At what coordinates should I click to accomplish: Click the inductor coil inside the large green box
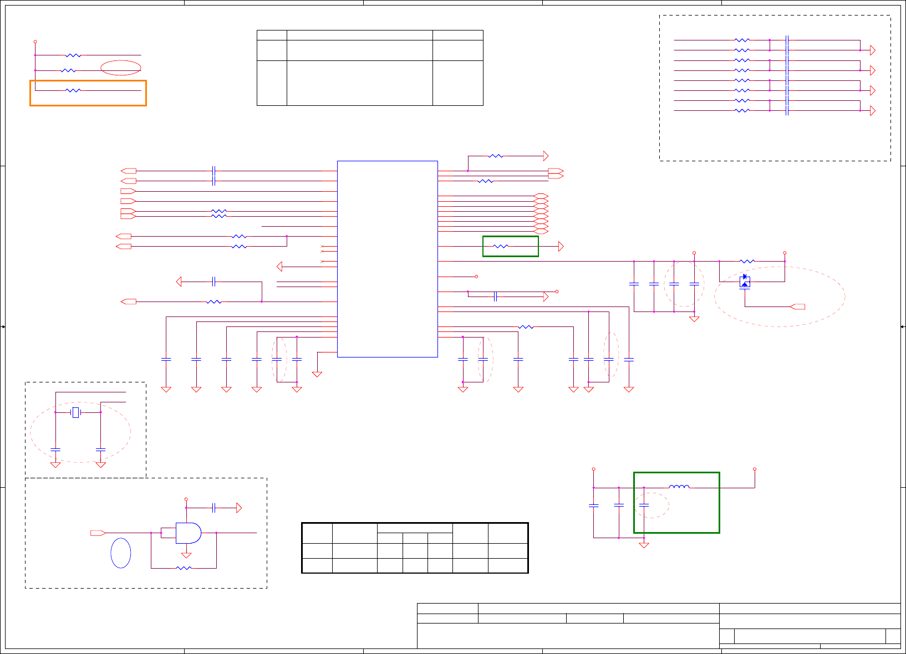[679, 487]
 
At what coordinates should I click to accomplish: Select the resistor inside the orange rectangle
[73, 90]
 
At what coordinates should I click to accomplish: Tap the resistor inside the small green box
[501, 246]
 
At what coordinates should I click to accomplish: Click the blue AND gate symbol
[189, 533]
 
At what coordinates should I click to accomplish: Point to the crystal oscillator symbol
[76, 412]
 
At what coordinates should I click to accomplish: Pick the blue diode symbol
[745, 281]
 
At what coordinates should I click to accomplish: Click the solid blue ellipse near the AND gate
[121, 553]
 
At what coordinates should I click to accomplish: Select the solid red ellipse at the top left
[121, 68]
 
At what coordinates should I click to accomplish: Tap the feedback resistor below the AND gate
[184, 568]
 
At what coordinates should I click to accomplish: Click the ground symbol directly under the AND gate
[186, 555]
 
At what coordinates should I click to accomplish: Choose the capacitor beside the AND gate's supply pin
[213, 508]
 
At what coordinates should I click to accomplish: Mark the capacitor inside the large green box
[644, 505]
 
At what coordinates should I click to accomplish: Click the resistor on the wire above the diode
[747, 261]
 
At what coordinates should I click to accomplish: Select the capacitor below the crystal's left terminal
[55, 449]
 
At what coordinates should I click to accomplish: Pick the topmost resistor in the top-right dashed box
[742, 40]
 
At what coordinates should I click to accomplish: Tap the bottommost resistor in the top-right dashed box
[742, 111]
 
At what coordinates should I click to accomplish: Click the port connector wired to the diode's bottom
[798, 306]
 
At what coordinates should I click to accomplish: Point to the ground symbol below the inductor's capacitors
[644, 545]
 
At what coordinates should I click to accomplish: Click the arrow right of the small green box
[561, 246]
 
